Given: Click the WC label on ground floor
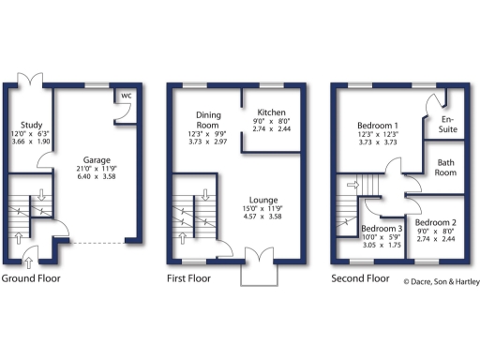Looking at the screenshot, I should tap(124, 95).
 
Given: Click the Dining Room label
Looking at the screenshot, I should tap(207, 120).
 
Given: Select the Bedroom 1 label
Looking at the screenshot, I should tap(378, 125).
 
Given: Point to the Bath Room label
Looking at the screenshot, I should tap(445, 168).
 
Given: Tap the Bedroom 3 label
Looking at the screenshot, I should tap(382, 230).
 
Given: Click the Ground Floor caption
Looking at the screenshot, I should tap(31, 278).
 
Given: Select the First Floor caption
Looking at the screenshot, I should tap(188, 278).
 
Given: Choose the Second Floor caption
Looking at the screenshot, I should tap(360, 278).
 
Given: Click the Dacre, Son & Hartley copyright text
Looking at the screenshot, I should tap(441, 280).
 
